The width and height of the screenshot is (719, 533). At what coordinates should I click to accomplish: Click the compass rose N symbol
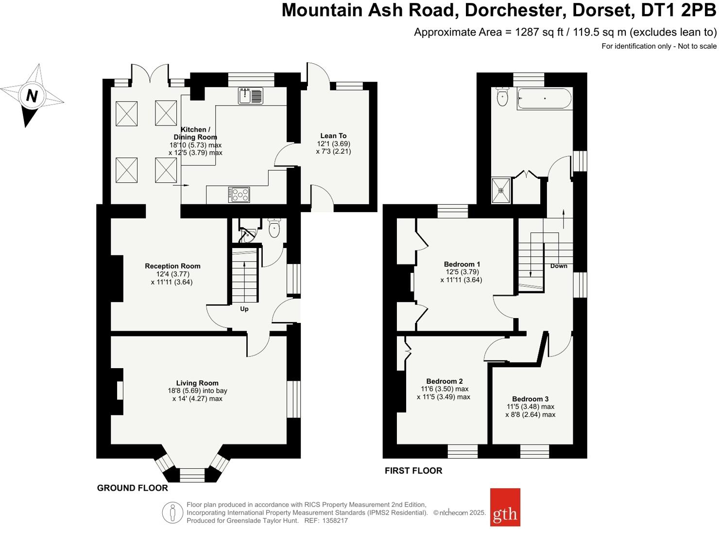pyautogui.click(x=32, y=95)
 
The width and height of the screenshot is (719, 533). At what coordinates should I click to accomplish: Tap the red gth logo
pyautogui.click(x=505, y=507)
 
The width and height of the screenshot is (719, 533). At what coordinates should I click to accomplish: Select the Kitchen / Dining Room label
pyautogui.click(x=195, y=133)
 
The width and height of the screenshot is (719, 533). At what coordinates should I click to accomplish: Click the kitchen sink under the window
pyautogui.click(x=250, y=96)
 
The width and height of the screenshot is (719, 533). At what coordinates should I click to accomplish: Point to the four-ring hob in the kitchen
pyautogui.click(x=239, y=195)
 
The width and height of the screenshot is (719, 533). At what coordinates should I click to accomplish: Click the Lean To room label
pyautogui.click(x=333, y=136)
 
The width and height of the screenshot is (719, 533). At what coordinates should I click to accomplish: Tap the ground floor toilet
pyautogui.click(x=274, y=228)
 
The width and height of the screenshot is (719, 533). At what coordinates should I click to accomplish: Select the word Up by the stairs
pyautogui.click(x=244, y=309)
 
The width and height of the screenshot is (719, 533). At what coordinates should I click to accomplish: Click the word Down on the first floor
pyautogui.click(x=559, y=266)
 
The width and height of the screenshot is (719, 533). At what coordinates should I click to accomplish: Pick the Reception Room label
pyautogui.click(x=172, y=266)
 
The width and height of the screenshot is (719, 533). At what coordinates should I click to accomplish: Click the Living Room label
pyautogui.click(x=197, y=383)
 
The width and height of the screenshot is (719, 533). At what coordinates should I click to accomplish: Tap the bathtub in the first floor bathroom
pyautogui.click(x=544, y=99)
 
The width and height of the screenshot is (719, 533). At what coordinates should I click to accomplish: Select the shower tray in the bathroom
pyautogui.click(x=501, y=191)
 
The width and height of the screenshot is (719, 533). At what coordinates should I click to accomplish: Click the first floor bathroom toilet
pyautogui.click(x=502, y=97)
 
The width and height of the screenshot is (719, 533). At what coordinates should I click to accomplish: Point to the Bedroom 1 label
pyautogui.click(x=462, y=264)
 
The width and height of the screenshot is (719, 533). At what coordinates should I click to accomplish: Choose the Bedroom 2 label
pyautogui.click(x=444, y=381)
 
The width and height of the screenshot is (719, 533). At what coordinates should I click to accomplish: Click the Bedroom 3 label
pyautogui.click(x=530, y=399)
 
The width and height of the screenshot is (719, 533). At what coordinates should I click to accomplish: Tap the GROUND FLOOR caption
pyautogui.click(x=132, y=488)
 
